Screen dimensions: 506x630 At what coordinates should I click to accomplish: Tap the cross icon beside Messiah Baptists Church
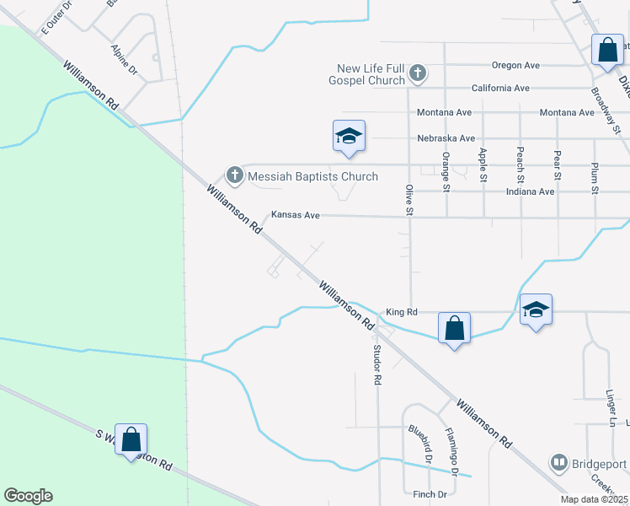point(235,176)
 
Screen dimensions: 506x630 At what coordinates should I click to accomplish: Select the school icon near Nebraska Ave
point(349,137)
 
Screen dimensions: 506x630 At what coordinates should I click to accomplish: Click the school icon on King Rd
point(536,310)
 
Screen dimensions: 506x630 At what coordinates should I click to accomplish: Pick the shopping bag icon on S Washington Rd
point(131,440)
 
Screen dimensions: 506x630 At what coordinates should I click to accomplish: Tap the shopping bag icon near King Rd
point(454,328)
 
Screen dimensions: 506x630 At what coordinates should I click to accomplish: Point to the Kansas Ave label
point(295,216)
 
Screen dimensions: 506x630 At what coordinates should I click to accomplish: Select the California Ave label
point(500,88)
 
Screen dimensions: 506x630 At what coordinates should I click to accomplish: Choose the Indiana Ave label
point(530,191)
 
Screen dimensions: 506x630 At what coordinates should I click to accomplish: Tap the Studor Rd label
point(377,365)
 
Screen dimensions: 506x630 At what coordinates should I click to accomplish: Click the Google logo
point(28,496)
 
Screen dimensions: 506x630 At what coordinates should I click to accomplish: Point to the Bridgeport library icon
point(558,463)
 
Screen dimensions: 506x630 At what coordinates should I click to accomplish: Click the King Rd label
point(402,312)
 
